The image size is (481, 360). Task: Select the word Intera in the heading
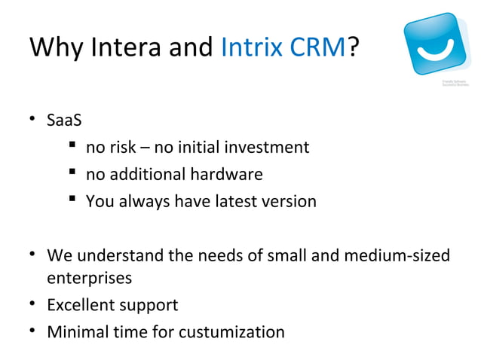point(128,48)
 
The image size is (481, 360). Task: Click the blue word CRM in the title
point(317,48)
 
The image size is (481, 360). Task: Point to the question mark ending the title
point(354,48)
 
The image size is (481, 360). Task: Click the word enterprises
point(90,278)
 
